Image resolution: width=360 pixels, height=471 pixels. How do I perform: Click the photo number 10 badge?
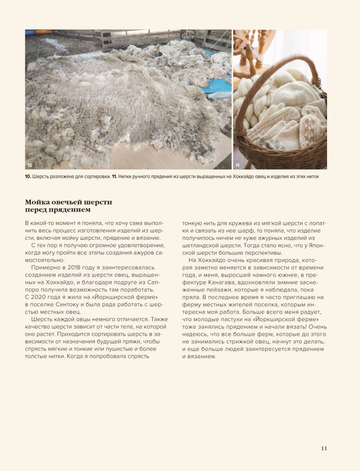pos(30,165)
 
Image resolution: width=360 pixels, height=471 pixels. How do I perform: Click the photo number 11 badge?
pos(237,165)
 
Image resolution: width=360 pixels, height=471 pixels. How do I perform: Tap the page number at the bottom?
pos(324,448)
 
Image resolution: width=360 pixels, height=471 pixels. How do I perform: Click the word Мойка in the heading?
pos(38,203)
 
